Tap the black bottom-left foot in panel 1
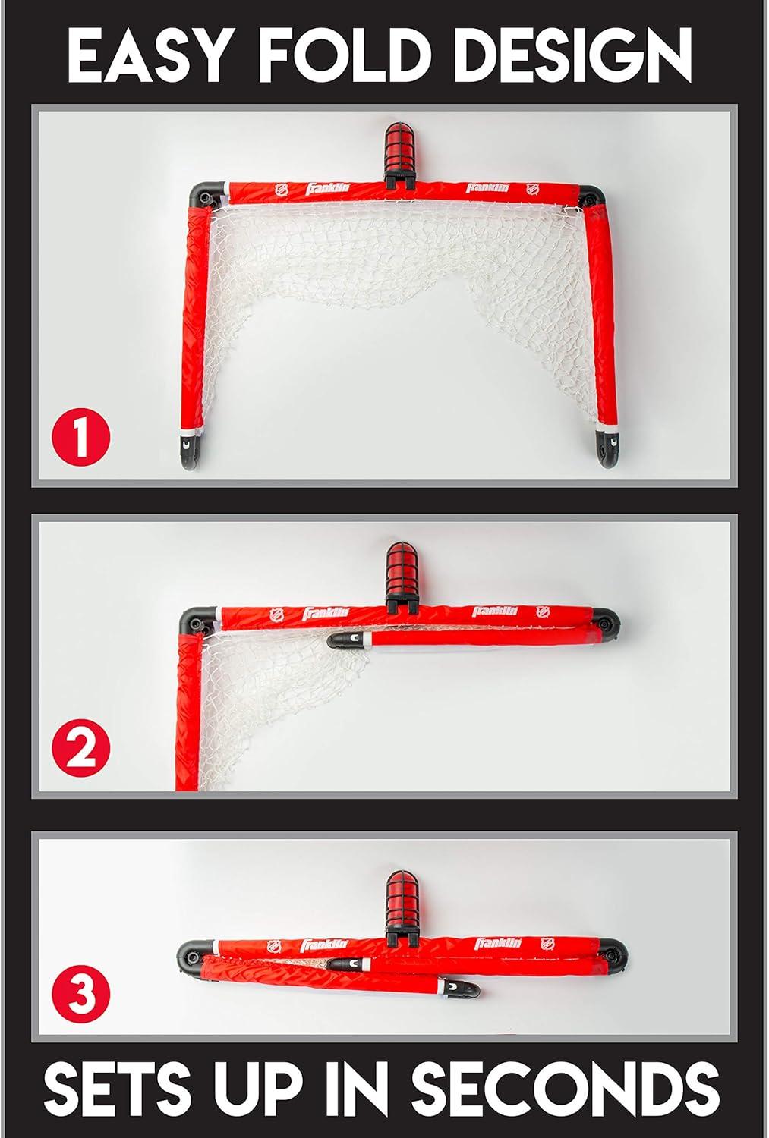(x=191, y=452)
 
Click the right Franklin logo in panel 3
(x=498, y=944)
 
